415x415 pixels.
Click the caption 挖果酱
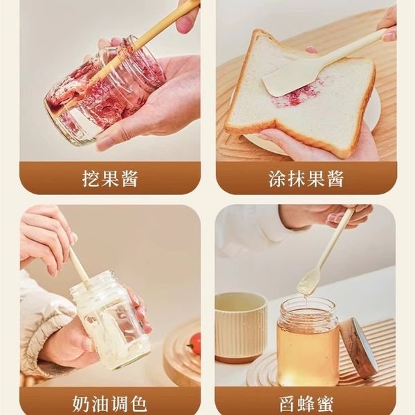110,178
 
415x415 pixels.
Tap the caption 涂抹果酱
306,178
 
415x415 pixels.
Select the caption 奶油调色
109,404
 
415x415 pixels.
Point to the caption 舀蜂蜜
306,405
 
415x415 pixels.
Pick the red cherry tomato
195,343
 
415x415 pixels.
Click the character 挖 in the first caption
91,178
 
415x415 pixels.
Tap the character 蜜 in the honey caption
325,405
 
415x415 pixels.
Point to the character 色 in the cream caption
138,404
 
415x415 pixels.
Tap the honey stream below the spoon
306,302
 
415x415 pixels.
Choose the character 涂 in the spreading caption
277,178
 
